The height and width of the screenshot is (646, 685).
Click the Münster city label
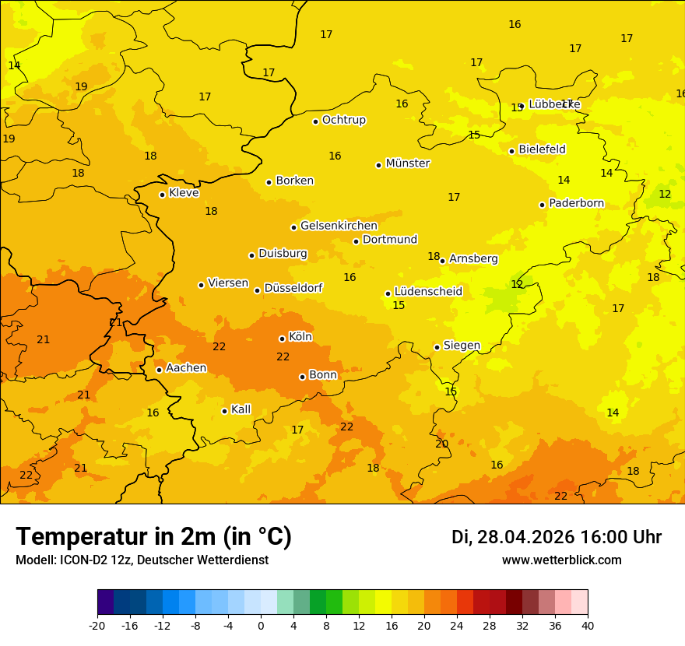[x=408, y=163]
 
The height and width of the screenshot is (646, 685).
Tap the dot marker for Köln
[x=282, y=339]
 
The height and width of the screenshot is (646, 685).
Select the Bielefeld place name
[x=542, y=149]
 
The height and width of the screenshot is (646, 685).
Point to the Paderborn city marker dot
[x=543, y=205]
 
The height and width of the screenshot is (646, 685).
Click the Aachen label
[x=186, y=368]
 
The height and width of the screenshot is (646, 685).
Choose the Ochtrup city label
[x=344, y=121]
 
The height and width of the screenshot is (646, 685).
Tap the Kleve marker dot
[x=162, y=195]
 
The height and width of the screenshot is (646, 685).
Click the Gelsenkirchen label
[x=339, y=226]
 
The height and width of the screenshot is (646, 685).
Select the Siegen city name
[x=462, y=346]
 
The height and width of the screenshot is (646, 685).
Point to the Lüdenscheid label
[x=428, y=292]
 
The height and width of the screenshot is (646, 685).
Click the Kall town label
[x=241, y=409]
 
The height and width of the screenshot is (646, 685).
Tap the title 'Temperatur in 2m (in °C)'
[x=153, y=536]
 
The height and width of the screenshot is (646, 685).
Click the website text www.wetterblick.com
[x=562, y=560]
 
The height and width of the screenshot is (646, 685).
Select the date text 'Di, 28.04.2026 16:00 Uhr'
[x=557, y=537]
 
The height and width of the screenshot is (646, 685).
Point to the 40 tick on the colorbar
[x=588, y=625]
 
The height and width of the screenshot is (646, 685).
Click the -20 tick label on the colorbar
[x=97, y=625]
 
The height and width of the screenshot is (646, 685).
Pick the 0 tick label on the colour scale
[x=261, y=625]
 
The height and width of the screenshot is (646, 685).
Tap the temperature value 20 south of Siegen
[x=442, y=444]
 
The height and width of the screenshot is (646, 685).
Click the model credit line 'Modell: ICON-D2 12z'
[x=142, y=560]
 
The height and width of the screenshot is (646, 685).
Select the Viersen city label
[x=228, y=283]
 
